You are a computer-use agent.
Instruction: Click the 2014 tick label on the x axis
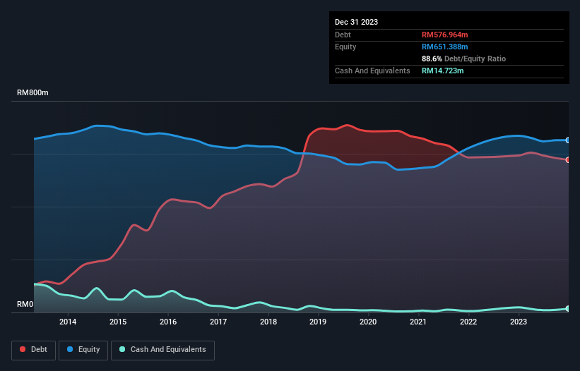click(68, 322)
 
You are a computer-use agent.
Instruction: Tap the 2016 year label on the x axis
click(168, 322)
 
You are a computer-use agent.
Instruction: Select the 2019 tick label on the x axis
click(318, 322)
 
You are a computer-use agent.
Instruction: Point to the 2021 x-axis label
click(418, 322)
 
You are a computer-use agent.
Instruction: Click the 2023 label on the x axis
click(518, 322)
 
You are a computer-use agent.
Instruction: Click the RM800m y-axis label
click(33, 93)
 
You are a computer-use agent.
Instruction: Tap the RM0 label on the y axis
click(25, 305)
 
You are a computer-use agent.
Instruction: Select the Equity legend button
click(83, 349)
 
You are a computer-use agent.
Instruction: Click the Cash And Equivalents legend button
click(162, 349)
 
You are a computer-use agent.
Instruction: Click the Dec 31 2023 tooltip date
click(356, 22)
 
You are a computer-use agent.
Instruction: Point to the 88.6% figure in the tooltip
click(431, 59)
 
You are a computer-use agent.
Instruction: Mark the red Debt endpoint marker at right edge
click(567, 159)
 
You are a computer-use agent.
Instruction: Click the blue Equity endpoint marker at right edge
click(567, 140)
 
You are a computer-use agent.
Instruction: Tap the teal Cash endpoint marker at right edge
click(567, 308)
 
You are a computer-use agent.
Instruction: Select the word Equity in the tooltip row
click(345, 47)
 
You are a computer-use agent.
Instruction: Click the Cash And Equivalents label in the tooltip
click(372, 71)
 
